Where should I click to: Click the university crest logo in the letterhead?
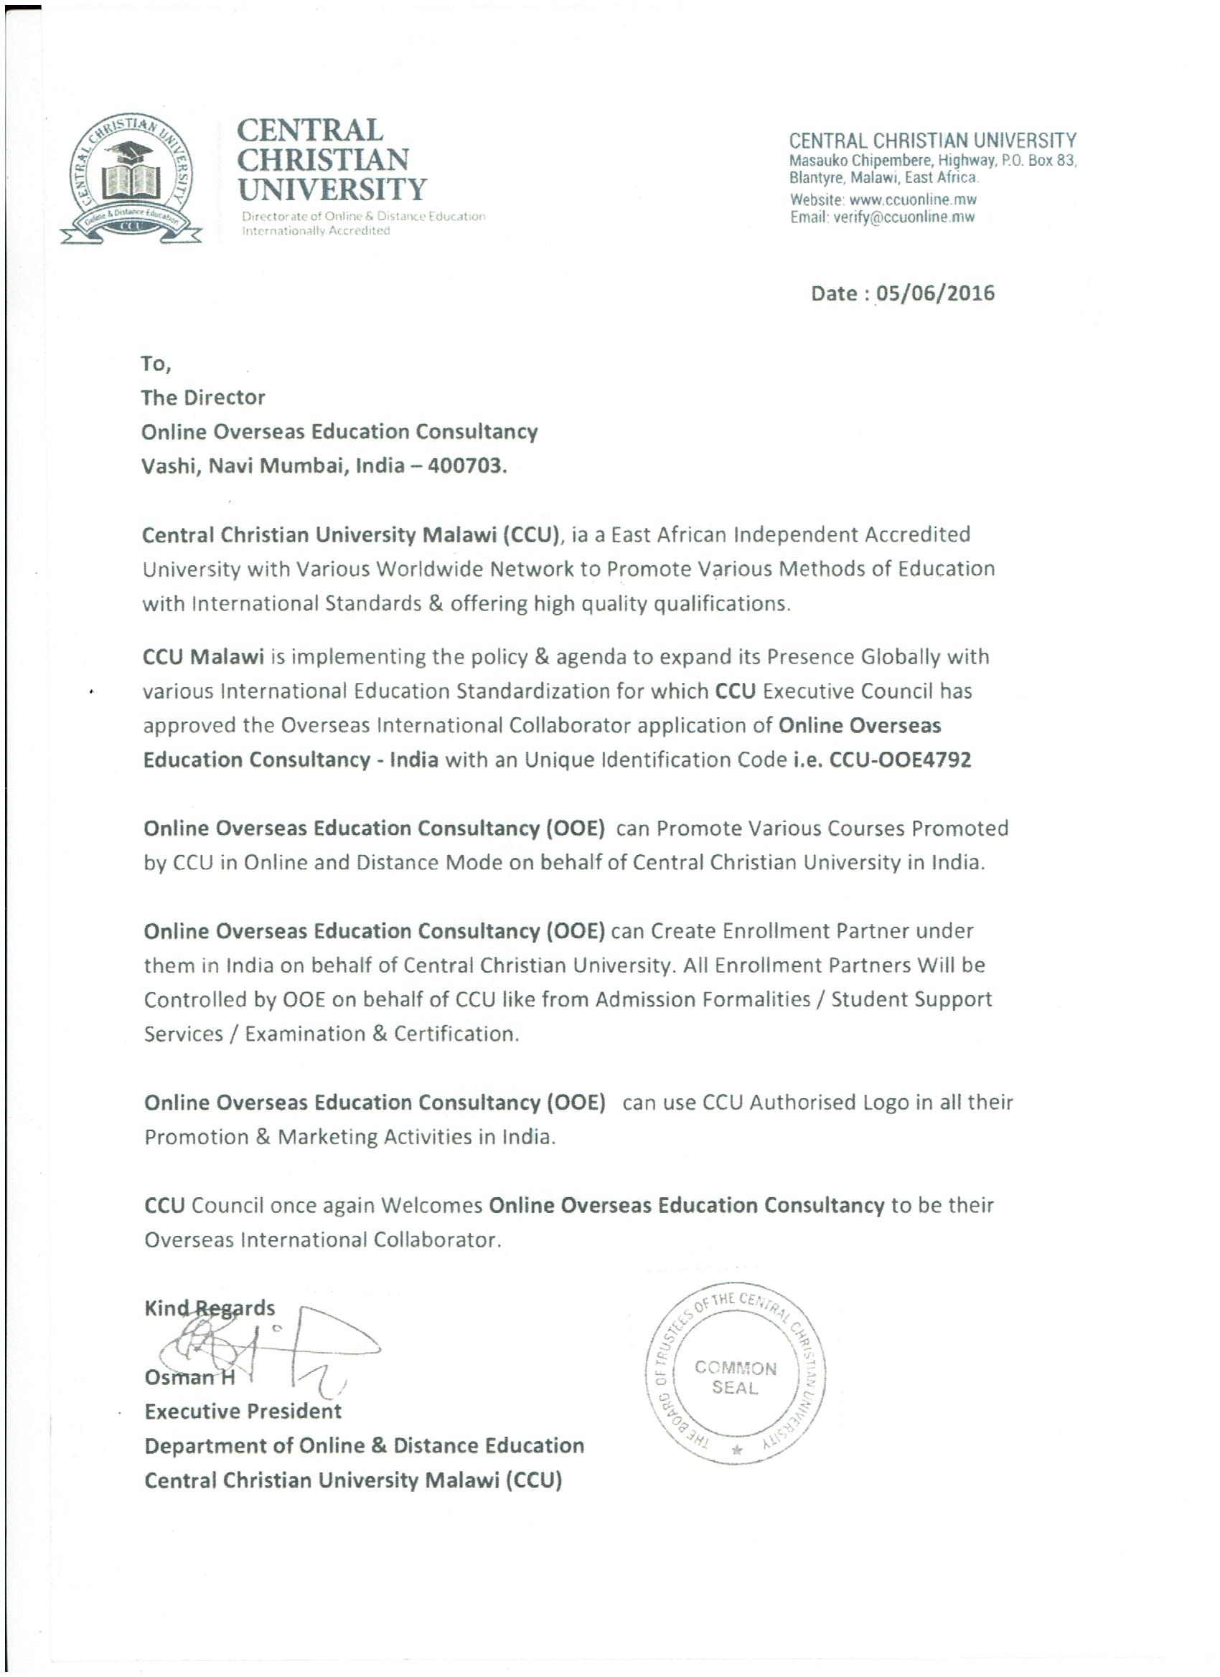[x=130, y=181]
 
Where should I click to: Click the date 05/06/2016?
[x=935, y=293]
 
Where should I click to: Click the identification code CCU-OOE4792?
[x=900, y=760]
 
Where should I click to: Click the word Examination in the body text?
[x=306, y=1034]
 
